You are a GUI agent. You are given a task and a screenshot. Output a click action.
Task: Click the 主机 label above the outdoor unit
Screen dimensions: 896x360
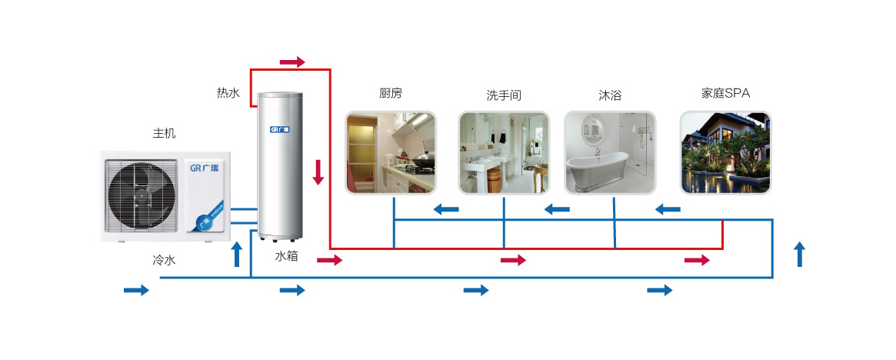(164, 134)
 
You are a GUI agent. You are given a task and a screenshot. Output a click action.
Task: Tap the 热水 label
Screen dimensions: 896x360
(228, 92)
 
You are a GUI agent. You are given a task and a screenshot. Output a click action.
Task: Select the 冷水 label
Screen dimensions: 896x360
(164, 261)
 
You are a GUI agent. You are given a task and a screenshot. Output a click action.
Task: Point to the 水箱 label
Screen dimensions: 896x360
(286, 257)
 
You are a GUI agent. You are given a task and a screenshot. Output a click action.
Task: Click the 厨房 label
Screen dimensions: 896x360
(390, 92)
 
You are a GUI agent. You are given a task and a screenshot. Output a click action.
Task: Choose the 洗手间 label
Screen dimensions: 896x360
(504, 95)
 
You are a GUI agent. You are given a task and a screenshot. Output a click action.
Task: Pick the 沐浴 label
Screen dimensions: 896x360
(610, 95)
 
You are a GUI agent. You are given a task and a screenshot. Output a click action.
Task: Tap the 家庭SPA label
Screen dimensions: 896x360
(725, 93)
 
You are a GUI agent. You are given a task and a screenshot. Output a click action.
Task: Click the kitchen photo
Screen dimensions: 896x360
(391, 152)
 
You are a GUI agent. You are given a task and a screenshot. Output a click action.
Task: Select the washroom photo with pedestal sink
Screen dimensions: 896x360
(504, 152)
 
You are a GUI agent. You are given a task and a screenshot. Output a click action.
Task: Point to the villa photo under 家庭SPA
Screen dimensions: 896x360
(725, 152)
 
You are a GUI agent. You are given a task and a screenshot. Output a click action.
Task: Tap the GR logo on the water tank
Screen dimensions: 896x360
(279, 130)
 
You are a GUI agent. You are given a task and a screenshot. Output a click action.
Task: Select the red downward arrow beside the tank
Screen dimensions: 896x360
(318, 172)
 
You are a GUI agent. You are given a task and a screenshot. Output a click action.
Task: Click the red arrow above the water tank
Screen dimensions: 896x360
(292, 62)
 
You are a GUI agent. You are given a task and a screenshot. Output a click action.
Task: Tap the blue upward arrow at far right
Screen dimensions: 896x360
(800, 255)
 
